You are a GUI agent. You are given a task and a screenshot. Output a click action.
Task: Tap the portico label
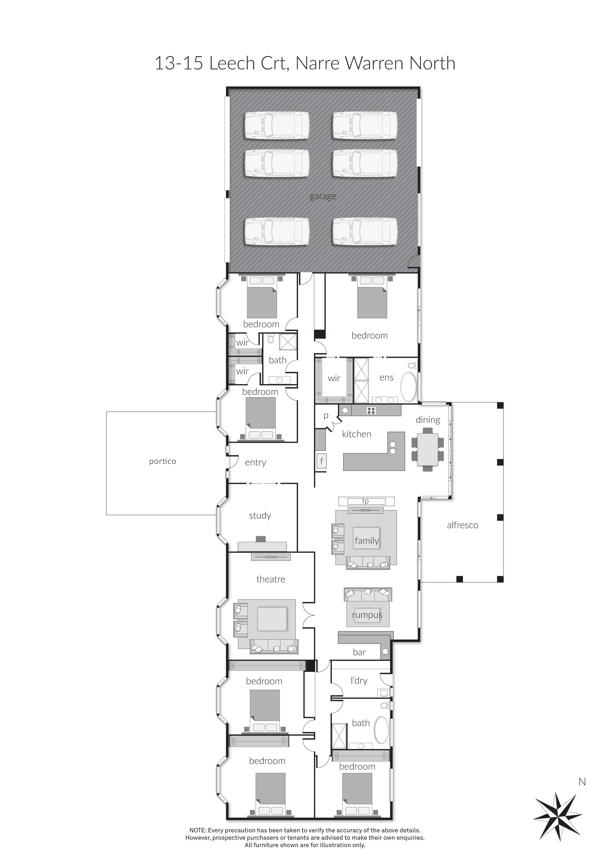click(x=163, y=461)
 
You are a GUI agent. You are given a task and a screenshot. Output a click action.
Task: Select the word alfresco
click(x=462, y=525)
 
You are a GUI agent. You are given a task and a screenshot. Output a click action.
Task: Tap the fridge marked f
click(x=322, y=461)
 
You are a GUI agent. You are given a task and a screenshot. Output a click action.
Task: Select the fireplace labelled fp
click(x=366, y=501)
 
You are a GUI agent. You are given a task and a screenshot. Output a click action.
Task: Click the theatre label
click(x=271, y=579)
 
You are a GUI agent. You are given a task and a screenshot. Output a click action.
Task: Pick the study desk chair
click(x=261, y=539)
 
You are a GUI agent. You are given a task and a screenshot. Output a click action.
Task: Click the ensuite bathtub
click(x=409, y=388)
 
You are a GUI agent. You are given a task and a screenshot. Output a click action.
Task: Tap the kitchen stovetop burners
click(x=371, y=411)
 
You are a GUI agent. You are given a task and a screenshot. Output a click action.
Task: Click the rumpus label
click(x=367, y=615)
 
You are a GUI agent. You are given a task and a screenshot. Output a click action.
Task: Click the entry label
click(x=255, y=462)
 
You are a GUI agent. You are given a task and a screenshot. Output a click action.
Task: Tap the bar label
click(x=359, y=652)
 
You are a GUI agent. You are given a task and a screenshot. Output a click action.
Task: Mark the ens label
click(x=387, y=378)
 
